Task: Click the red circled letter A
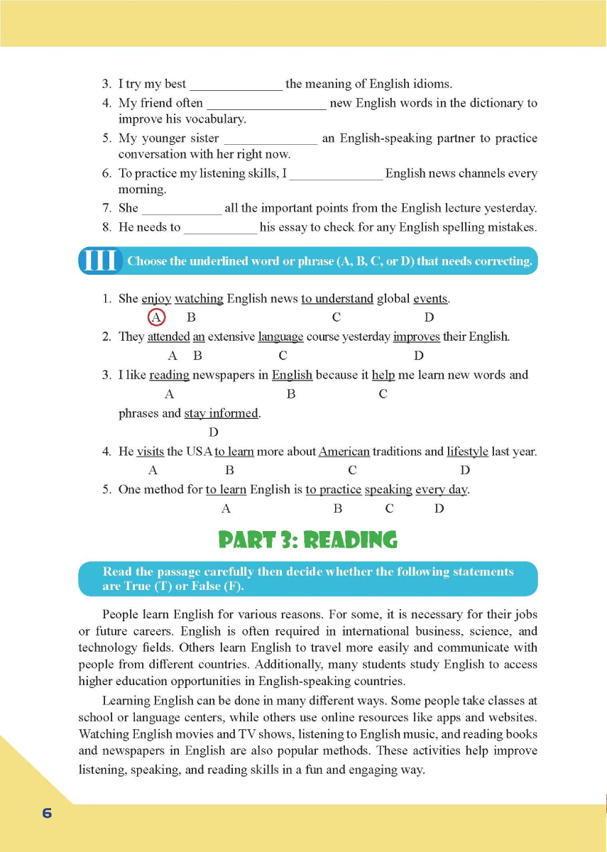[156, 317]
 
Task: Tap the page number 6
[47, 813]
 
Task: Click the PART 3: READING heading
[307, 540]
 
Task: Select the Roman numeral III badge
[100, 261]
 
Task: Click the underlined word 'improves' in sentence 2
[416, 337]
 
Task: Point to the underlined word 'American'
[344, 451]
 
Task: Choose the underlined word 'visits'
[150, 451]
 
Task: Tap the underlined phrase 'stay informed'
[222, 413]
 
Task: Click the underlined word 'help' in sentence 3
[383, 375]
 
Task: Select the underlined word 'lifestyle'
[467, 451]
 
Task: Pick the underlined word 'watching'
[199, 298]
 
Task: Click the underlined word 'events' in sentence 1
[430, 298]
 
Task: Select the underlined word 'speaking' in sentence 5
[388, 489]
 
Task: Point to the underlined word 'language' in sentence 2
[280, 337]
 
